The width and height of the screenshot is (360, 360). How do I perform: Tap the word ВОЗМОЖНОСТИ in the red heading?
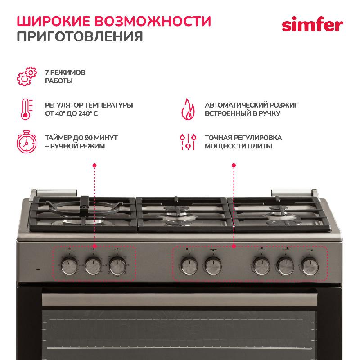point(153,21)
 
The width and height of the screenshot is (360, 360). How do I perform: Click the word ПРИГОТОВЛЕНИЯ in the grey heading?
point(80,36)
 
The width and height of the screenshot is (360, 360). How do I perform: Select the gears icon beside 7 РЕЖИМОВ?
point(27,76)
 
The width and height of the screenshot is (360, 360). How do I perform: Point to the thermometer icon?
point(27,109)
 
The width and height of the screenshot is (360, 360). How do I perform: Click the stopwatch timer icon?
point(27,142)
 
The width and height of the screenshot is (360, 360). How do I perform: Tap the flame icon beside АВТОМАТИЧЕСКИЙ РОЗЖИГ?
point(188,109)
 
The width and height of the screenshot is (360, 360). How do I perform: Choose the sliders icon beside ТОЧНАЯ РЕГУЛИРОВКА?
point(188,142)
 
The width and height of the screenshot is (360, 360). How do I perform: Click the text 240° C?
point(88,113)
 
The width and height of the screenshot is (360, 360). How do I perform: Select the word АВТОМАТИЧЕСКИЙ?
point(236,105)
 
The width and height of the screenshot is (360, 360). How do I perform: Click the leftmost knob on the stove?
point(70,266)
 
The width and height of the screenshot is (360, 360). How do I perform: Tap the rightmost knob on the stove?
point(310,266)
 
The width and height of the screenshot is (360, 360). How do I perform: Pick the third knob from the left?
point(117,266)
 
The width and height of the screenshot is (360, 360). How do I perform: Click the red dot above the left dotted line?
point(94,165)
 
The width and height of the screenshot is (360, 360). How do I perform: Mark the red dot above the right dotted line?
point(234,165)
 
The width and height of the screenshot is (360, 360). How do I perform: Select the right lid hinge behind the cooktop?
point(295,193)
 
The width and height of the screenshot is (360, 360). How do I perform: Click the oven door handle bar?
point(180,300)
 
